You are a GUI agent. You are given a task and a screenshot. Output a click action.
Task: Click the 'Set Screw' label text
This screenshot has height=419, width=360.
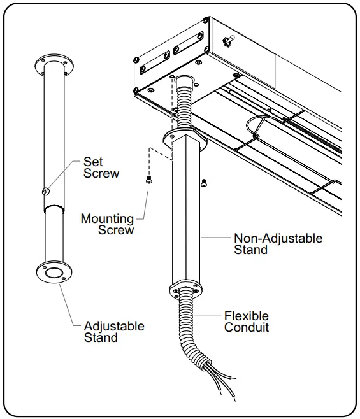[x=101, y=167]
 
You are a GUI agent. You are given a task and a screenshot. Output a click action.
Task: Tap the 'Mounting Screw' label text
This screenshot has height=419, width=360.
[x=107, y=224]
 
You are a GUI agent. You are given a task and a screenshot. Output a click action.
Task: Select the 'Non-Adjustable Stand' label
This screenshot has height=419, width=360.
[x=278, y=244]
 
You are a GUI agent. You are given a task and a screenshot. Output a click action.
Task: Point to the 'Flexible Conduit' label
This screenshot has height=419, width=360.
[x=246, y=322]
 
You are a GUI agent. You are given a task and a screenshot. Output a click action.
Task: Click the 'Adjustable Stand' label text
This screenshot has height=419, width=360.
[x=114, y=332]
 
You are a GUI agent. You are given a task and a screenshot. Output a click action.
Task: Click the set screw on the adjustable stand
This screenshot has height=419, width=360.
[x=45, y=191]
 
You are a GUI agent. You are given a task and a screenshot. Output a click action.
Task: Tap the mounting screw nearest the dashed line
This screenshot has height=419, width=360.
[x=148, y=181]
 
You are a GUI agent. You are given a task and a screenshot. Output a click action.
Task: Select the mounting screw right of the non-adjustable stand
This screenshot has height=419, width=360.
[x=203, y=183]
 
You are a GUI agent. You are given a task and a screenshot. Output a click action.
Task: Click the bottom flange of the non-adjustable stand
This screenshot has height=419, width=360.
[x=185, y=290]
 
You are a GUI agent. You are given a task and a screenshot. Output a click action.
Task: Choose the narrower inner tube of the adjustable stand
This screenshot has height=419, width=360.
[x=54, y=236]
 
